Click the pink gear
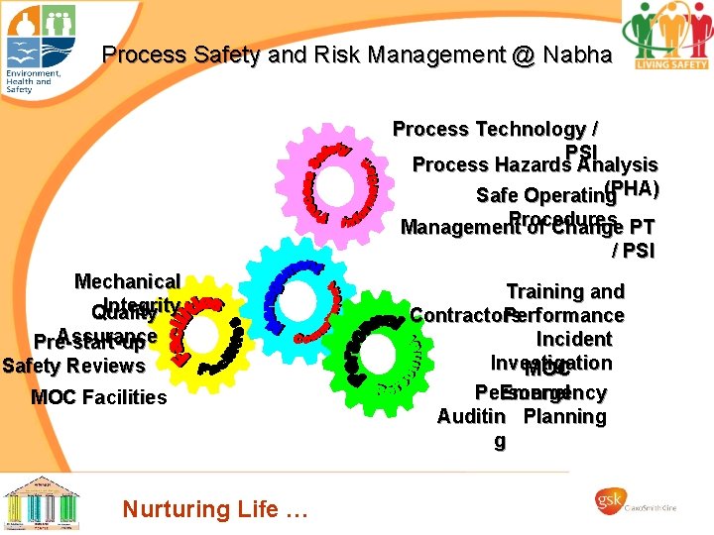(341, 181)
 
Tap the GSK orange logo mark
(606, 503)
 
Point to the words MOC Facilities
(98, 397)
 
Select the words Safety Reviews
(74, 366)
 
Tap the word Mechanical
(127, 282)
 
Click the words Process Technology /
(495, 129)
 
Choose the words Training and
(565, 291)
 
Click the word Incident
(574, 339)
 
